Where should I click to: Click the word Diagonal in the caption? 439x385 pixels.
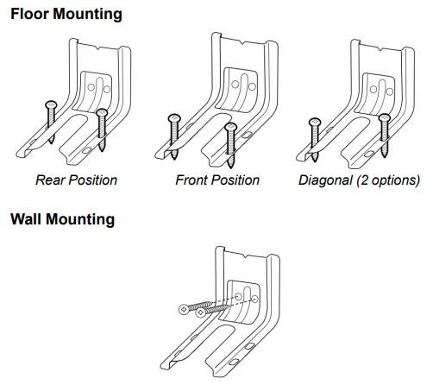tap(325, 180)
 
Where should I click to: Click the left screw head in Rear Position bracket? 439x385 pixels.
tap(51, 104)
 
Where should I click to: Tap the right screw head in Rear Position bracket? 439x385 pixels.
tap(102, 112)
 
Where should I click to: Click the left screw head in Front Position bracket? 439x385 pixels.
tap(174, 118)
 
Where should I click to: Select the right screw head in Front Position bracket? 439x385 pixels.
tap(231, 127)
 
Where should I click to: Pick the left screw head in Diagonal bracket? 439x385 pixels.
tap(315, 122)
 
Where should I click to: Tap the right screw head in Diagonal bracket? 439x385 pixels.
tap(385, 117)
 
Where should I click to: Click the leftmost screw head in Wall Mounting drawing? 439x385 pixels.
tap(184, 309)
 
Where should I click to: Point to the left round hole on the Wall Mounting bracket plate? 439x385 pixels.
tap(238, 296)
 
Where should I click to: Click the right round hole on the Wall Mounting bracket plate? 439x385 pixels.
tap(255, 299)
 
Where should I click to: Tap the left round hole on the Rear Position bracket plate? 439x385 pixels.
tap(91, 87)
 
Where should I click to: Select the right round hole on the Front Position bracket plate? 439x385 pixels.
tap(252, 86)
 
